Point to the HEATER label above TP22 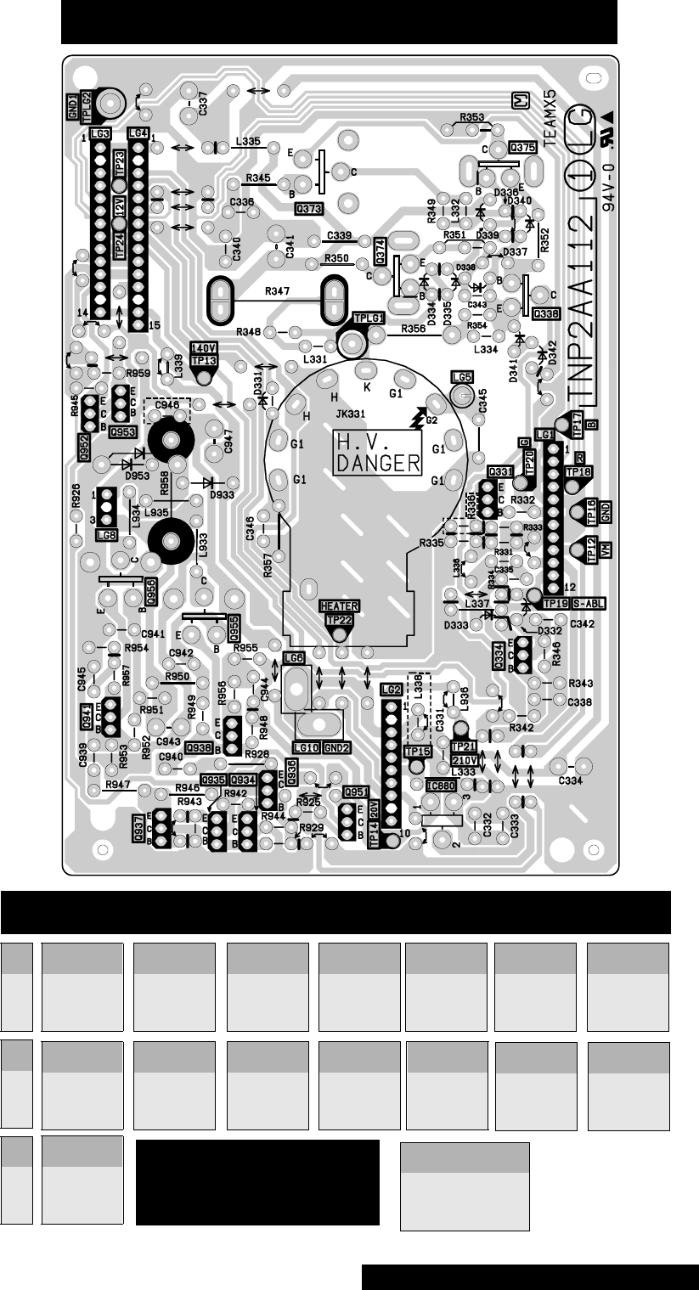pos(339,606)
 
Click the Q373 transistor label pos(307,207)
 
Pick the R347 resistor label pos(276,291)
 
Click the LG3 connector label pos(100,134)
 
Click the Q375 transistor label pos(522,148)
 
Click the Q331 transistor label pos(500,471)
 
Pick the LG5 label pos(463,376)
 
